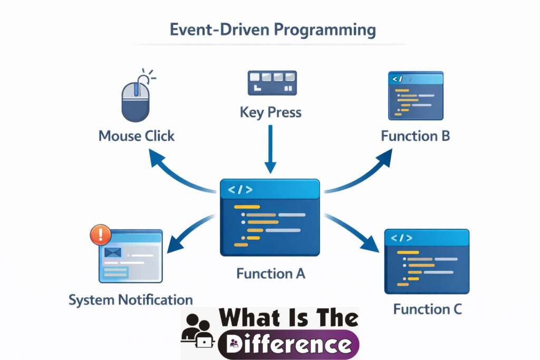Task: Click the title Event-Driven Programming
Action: tap(273, 30)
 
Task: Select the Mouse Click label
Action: tap(136, 136)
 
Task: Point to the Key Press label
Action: tap(270, 112)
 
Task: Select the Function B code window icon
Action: tap(416, 96)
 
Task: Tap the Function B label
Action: tap(415, 136)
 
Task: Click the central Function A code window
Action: tap(270, 217)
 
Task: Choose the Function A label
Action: tap(271, 274)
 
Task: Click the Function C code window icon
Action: tap(427, 261)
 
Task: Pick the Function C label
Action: tap(427, 309)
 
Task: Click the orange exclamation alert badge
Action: tap(101, 235)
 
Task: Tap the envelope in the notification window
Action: tap(113, 252)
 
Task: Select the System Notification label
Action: tap(130, 300)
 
